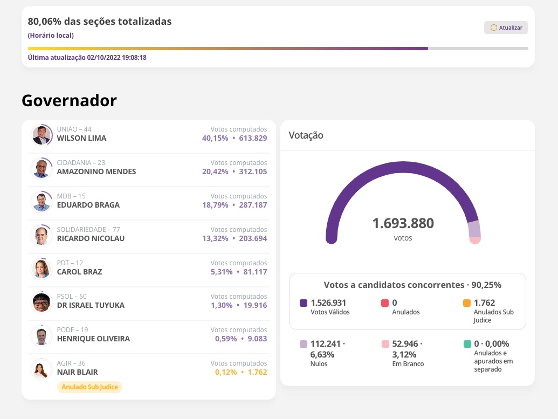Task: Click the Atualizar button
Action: tap(506, 28)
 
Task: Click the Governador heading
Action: tap(69, 101)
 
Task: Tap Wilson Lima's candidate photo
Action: tap(41, 135)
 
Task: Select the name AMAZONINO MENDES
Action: tap(97, 171)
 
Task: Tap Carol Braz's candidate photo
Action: tap(41, 269)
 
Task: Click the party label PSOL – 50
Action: tap(72, 297)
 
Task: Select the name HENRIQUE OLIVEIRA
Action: tap(93, 339)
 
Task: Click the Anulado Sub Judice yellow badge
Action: tap(89, 387)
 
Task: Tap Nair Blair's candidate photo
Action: tap(41, 369)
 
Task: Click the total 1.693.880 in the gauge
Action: tap(403, 223)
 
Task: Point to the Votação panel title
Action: tap(306, 135)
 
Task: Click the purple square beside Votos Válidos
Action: tap(304, 303)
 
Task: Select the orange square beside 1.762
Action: tap(466, 303)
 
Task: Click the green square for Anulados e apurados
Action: tap(466, 344)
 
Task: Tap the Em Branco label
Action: tap(408, 364)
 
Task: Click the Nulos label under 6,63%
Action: tap(319, 364)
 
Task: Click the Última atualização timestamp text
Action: tap(87, 58)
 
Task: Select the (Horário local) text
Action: tap(51, 36)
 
